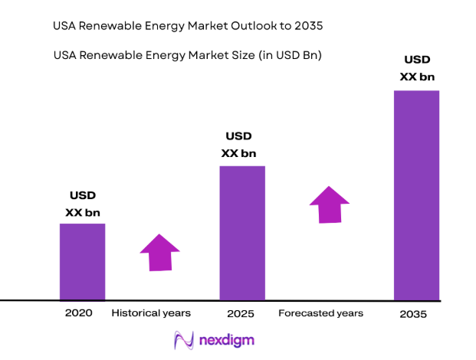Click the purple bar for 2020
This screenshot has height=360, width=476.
pyautogui.click(x=82, y=261)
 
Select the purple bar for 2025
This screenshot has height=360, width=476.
pyautogui.click(x=242, y=232)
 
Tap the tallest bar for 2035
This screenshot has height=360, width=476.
pyautogui.click(x=416, y=195)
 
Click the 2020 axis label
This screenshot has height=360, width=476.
pyautogui.click(x=78, y=313)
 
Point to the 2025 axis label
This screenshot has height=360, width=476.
pyautogui.click(x=240, y=314)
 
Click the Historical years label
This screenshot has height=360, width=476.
pyautogui.click(x=151, y=313)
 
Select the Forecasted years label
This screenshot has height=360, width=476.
pyautogui.click(x=320, y=313)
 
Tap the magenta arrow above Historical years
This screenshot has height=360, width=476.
pyautogui.click(x=159, y=252)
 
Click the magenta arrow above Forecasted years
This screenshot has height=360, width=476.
pyautogui.click(x=330, y=205)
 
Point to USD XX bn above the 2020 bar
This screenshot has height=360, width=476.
pyautogui.click(x=82, y=204)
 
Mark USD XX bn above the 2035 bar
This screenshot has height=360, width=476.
pyautogui.click(x=418, y=68)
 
